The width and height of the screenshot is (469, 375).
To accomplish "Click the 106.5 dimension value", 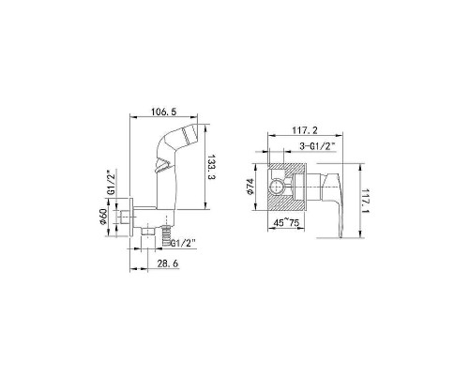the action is click(x=164, y=112).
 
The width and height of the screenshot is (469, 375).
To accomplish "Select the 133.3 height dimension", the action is click(x=212, y=167).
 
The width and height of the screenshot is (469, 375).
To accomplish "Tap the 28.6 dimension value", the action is click(x=168, y=263).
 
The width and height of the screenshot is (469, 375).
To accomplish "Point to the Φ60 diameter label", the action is click(x=103, y=217).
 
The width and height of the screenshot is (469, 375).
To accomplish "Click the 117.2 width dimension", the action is click(x=305, y=130).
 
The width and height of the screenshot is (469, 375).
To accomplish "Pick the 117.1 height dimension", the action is click(x=365, y=201).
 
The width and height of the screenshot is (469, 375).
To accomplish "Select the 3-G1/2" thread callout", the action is click(x=317, y=146).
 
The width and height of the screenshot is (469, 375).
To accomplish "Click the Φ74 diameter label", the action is click(x=250, y=187).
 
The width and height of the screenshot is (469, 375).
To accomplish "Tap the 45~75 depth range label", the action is click(x=286, y=223).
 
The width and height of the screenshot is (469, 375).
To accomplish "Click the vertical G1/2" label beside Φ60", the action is click(x=111, y=183).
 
